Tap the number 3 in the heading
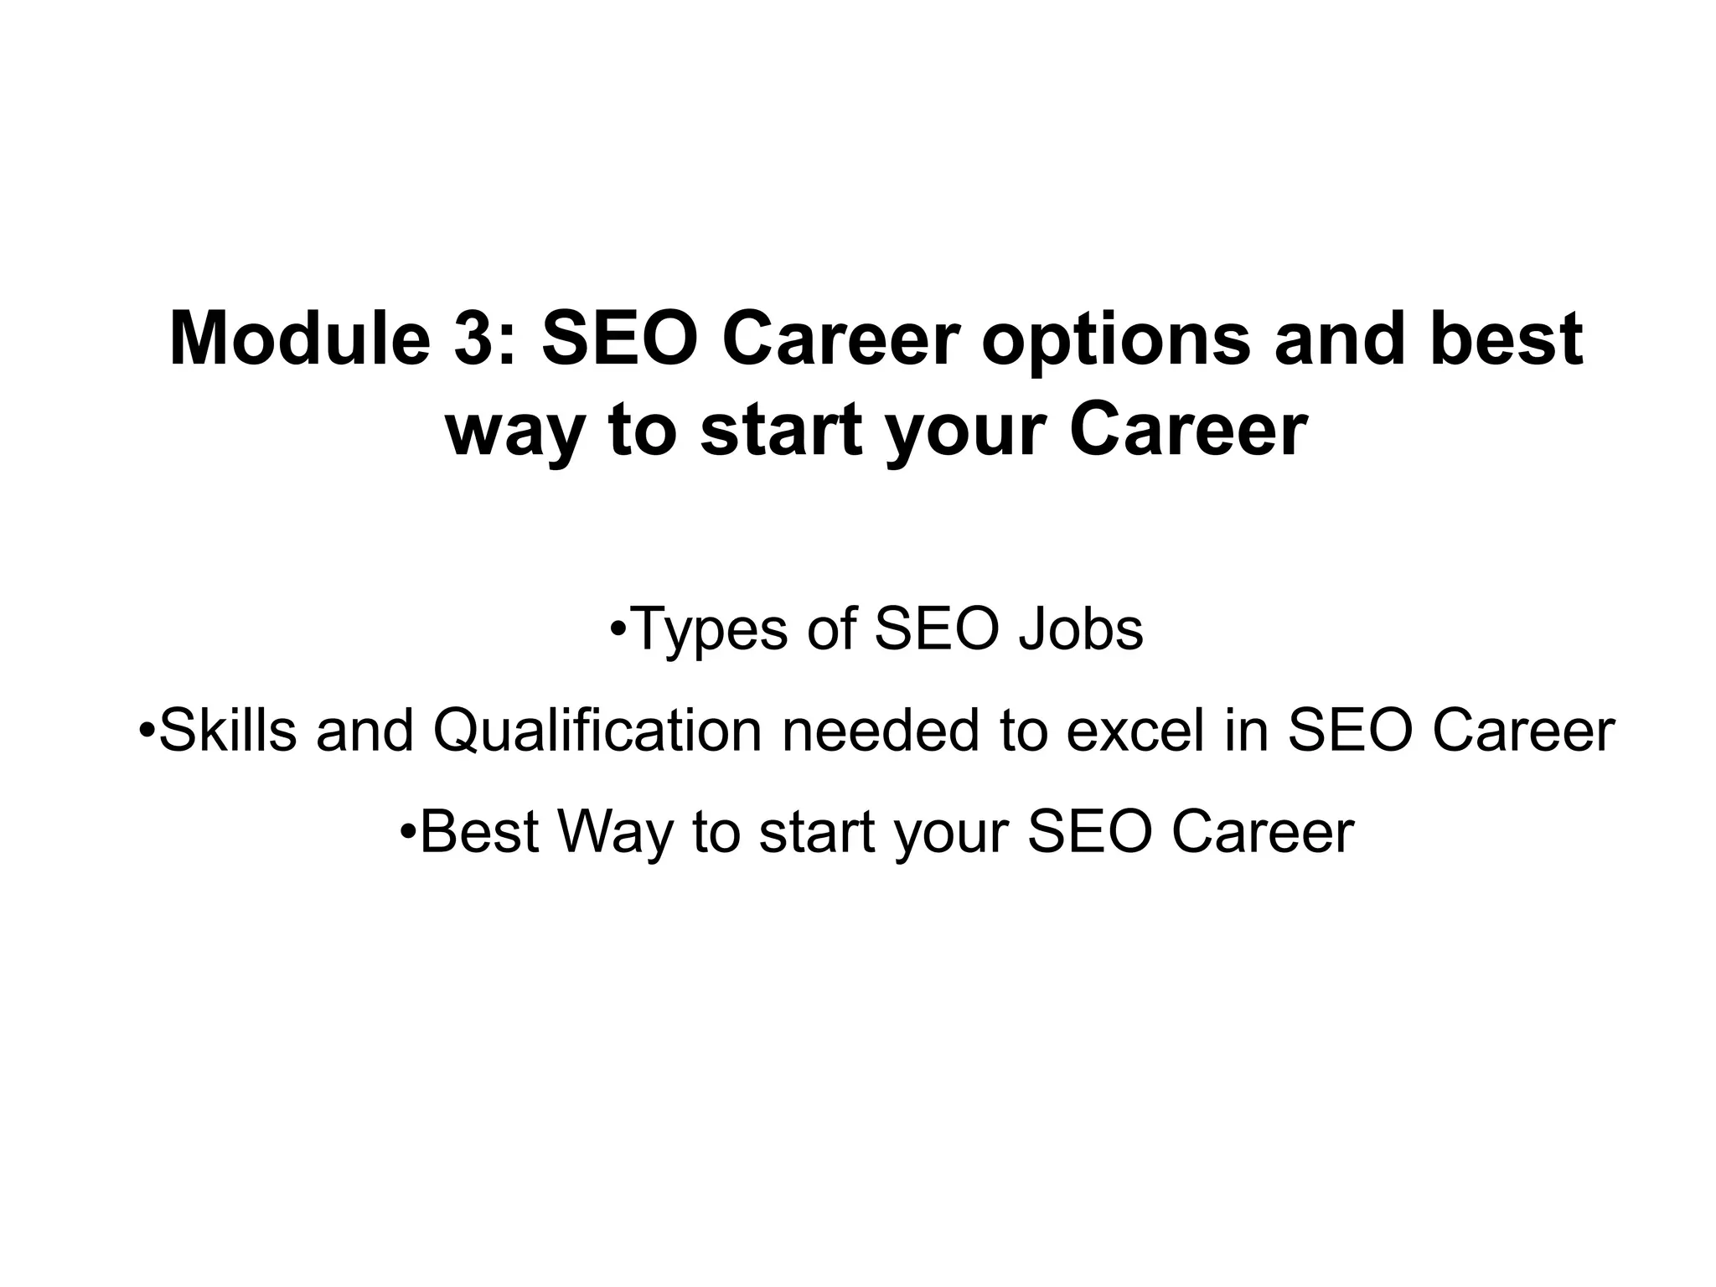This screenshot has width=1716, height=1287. click(x=473, y=339)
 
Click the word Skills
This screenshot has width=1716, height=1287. click(x=228, y=729)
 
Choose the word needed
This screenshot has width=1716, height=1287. click(x=881, y=729)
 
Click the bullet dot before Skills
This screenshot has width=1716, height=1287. click(x=147, y=727)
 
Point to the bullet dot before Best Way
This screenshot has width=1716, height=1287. click(x=408, y=830)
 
